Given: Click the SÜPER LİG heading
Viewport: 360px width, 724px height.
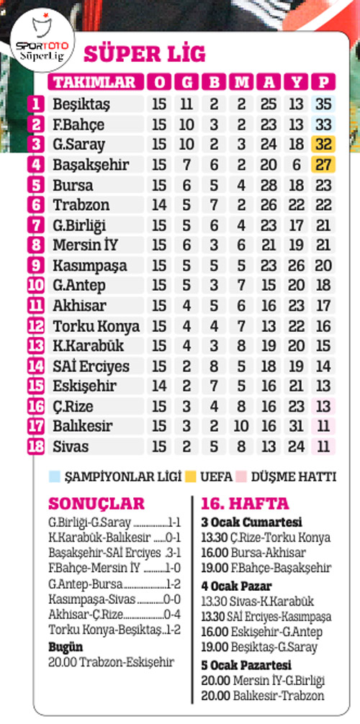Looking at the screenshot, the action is coord(145,54).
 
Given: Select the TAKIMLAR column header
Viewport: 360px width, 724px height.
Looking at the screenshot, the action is coord(94,81).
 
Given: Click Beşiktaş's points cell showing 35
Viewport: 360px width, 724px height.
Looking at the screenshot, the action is coord(323,104).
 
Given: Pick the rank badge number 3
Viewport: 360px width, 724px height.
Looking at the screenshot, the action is coord(37,145).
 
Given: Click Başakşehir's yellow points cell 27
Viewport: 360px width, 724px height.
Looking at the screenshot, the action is coord(323,165).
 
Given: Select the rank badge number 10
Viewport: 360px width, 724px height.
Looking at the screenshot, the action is coord(37,286).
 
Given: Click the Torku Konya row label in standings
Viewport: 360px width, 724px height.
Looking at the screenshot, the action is coord(96,326).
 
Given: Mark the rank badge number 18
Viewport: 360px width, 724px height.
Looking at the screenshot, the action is coord(37,447).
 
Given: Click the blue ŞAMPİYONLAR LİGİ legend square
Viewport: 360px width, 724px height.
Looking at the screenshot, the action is coord(53,476).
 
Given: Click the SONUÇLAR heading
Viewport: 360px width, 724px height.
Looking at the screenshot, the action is coord(96,503).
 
